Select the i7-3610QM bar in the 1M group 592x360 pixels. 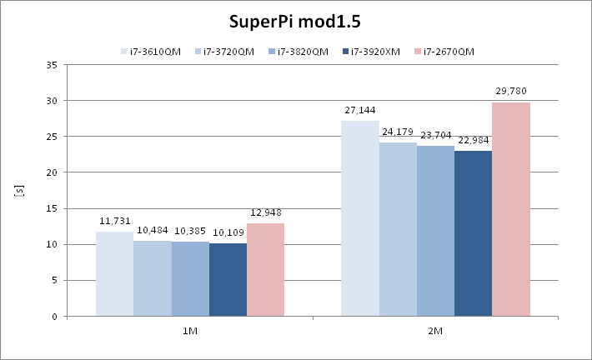pyautogui.click(x=114, y=274)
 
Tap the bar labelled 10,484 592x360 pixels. pyautogui.click(x=152, y=278)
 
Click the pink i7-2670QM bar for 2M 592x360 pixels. pyautogui.click(x=511, y=209)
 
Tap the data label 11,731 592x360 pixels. pyautogui.click(x=114, y=221)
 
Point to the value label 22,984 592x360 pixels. pyautogui.click(x=473, y=140)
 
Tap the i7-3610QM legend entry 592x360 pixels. pyautogui.click(x=151, y=52)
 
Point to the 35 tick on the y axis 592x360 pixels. pyautogui.click(x=52, y=65)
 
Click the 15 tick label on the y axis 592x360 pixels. pyautogui.click(x=52, y=209)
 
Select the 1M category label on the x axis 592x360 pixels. pyautogui.click(x=190, y=331)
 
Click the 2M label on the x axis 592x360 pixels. pyautogui.click(x=435, y=331)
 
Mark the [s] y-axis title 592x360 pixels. pyautogui.click(x=18, y=191)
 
